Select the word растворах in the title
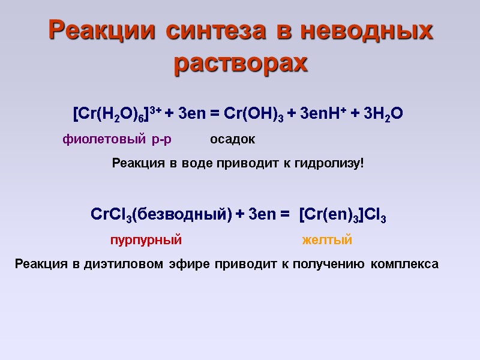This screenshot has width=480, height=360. point(240,62)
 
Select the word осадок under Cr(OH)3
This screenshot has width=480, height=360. point(232,140)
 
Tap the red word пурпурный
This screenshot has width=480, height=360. point(145,241)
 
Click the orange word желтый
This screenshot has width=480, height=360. point(326,241)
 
